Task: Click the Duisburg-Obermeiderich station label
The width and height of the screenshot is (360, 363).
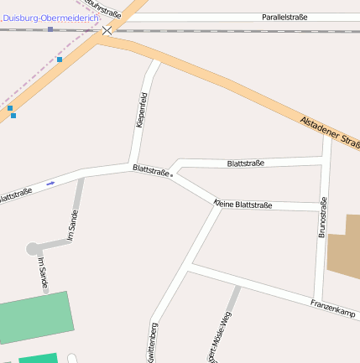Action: [50, 18]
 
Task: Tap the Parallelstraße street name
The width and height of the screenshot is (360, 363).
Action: [284, 17]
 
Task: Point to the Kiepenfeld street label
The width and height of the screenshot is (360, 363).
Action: [140, 110]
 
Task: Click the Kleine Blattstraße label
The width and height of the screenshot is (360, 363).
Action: [243, 205]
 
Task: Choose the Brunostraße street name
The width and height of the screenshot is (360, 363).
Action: [322, 218]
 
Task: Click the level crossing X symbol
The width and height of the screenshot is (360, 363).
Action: [107, 30]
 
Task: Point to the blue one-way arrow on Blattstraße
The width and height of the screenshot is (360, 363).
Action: [51, 183]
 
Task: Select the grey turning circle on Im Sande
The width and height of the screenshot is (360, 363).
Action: [34, 248]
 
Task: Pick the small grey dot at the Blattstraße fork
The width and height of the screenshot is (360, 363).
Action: [171, 176]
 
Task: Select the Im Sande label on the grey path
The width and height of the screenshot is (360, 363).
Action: [73, 226]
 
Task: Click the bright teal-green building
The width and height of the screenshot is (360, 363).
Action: [38, 358]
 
